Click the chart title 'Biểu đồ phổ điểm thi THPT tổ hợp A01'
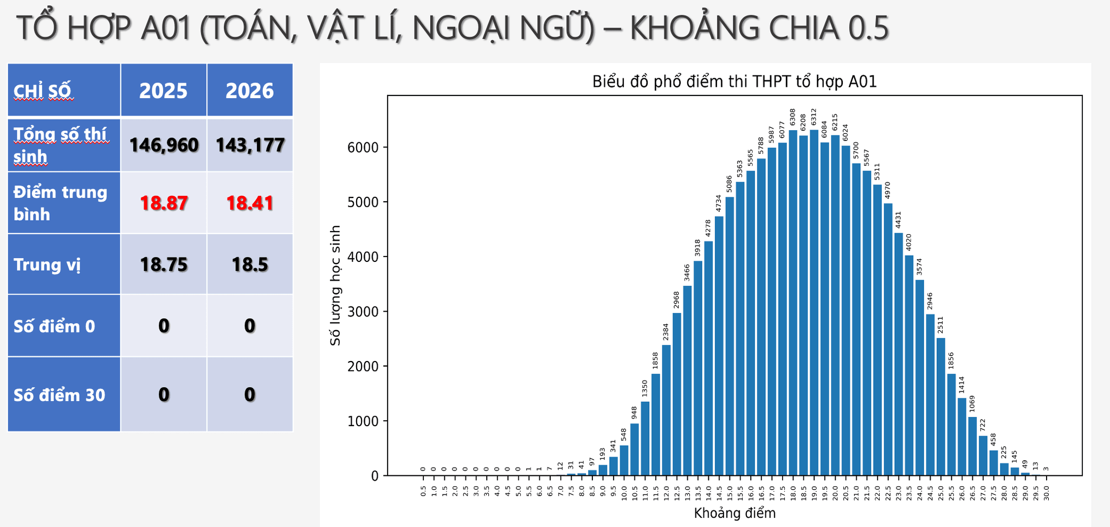(734, 82)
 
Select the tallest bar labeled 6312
(814, 303)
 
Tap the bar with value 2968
(677, 394)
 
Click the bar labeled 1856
(951, 425)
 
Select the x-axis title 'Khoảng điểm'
(734, 513)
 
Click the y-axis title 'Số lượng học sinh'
(336, 285)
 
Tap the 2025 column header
(164, 91)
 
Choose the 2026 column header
(250, 91)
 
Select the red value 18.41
(250, 203)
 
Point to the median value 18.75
(164, 265)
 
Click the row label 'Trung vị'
(47, 265)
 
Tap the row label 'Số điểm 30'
(60, 395)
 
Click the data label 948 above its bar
(635, 413)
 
